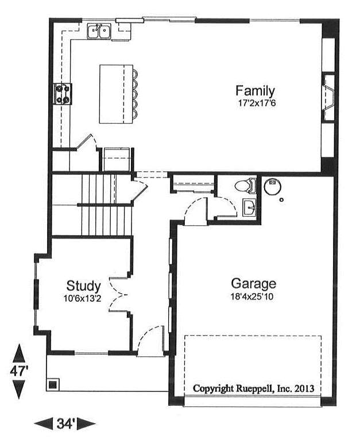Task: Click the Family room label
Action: pyautogui.click(x=255, y=91)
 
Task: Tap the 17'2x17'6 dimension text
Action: pyautogui.click(x=257, y=103)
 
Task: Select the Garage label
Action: pyautogui.click(x=253, y=283)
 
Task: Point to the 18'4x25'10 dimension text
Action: pyautogui.click(x=251, y=297)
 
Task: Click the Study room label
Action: pyautogui.click(x=83, y=286)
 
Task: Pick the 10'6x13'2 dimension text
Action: pyautogui.click(x=83, y=298)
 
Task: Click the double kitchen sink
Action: pyautogui.click(x=99, y=31)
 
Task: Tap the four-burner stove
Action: pyautogui.click(x=63, y=94)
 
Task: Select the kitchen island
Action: pyautogui.click(x=116, y=94)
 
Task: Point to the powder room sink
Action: pyautogui.click(x=249, y=207)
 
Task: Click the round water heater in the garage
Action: pyautogui.click(x=273, y=187)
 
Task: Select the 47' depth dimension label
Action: pyautogui.click(x=19, y=371)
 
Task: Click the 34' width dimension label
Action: pyautogui.click(x=65, y=424)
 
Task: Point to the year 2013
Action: pyautogui.click(x=304, y=389)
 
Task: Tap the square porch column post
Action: pyautogui.click(x=53, y=385)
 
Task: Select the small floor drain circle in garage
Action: pyautogui.click(x=281, y=200)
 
